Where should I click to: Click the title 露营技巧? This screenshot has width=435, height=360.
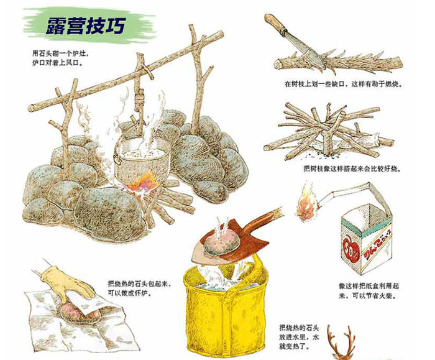tap(86, 26)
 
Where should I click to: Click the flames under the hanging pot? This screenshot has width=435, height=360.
tap(142, 183)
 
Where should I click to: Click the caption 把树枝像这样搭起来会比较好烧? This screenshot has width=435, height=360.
tap(352, 168)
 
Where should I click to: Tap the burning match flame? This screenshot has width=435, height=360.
tap(306, 203)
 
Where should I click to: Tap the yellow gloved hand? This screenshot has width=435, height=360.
tap(68, 282)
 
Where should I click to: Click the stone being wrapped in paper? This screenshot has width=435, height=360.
tap(80, 313)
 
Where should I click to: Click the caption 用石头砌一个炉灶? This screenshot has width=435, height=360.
tap(60, 53)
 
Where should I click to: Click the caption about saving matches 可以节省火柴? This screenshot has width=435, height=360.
tap(369, 296)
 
